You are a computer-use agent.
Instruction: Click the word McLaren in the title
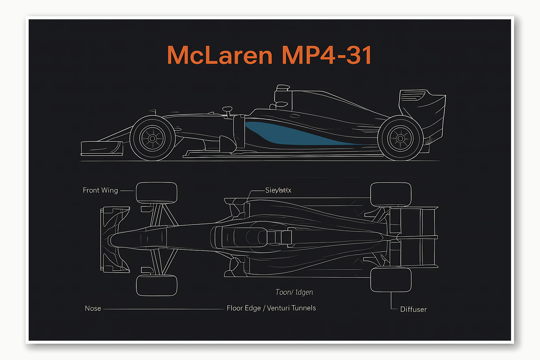click(220, 55)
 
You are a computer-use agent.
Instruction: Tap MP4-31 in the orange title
click(327, 55)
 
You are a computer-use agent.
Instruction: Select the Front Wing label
click(100, 191)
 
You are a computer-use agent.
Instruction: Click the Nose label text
click(93, 308)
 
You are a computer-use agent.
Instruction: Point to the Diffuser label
click(413, 309)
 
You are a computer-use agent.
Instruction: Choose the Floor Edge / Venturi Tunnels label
click(271, 308)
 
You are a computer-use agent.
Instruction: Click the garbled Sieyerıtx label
click(278, 190)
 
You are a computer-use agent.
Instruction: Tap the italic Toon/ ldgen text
click(294, 292)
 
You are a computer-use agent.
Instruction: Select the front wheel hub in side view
click(153, 138)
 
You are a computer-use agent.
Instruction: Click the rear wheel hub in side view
click(400, 138)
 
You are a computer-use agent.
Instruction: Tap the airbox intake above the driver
click(283, 88)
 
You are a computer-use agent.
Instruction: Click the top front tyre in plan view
click(156, 192)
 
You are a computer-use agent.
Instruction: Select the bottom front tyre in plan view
click(156, 285)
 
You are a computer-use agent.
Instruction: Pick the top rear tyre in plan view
click(391, 194)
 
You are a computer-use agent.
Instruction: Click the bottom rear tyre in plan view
click(391, 279)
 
